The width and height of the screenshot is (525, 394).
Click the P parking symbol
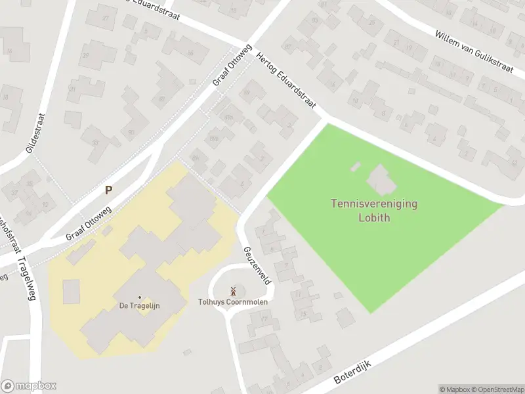(108, 190)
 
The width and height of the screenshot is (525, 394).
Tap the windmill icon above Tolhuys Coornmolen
(233, 290)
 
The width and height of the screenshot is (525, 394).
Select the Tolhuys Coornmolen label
(233, 303)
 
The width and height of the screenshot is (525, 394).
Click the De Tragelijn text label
(139, 305)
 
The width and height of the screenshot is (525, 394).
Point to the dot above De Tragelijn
(139, 297)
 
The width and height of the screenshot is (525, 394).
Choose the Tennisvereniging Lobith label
(373, 210)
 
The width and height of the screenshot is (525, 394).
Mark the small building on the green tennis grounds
(356, 167)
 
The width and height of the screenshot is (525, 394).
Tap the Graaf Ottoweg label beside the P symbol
(89, 223)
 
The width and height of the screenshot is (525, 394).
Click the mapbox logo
(28, 386)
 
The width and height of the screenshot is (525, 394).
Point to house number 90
(131, 133)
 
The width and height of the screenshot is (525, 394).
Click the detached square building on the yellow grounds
(71, 291)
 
